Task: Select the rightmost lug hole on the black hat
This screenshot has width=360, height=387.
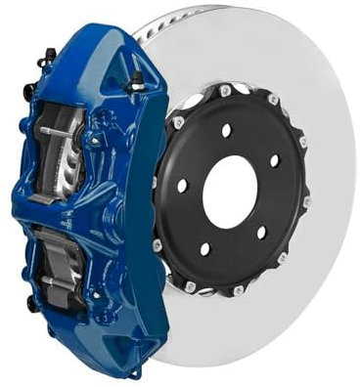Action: pyautogui.click(x=274, y=159)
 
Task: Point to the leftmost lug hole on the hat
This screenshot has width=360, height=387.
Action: pyautogui.click(x=182, y=185)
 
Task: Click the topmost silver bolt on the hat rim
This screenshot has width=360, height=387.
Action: pyautogui.click(x=226, y=91)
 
